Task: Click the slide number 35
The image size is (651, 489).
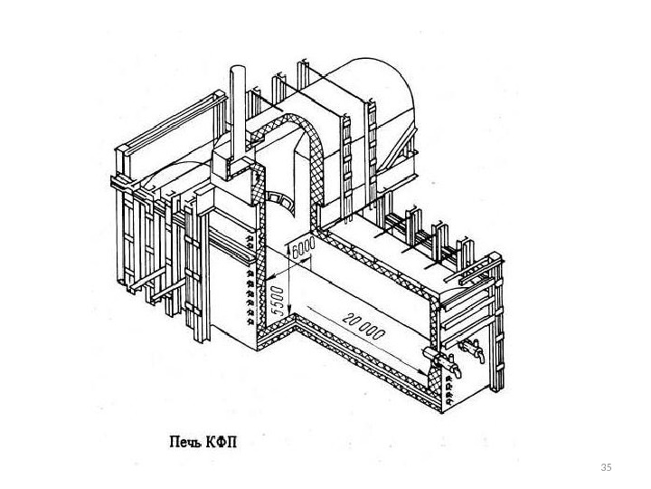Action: [606, 466]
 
